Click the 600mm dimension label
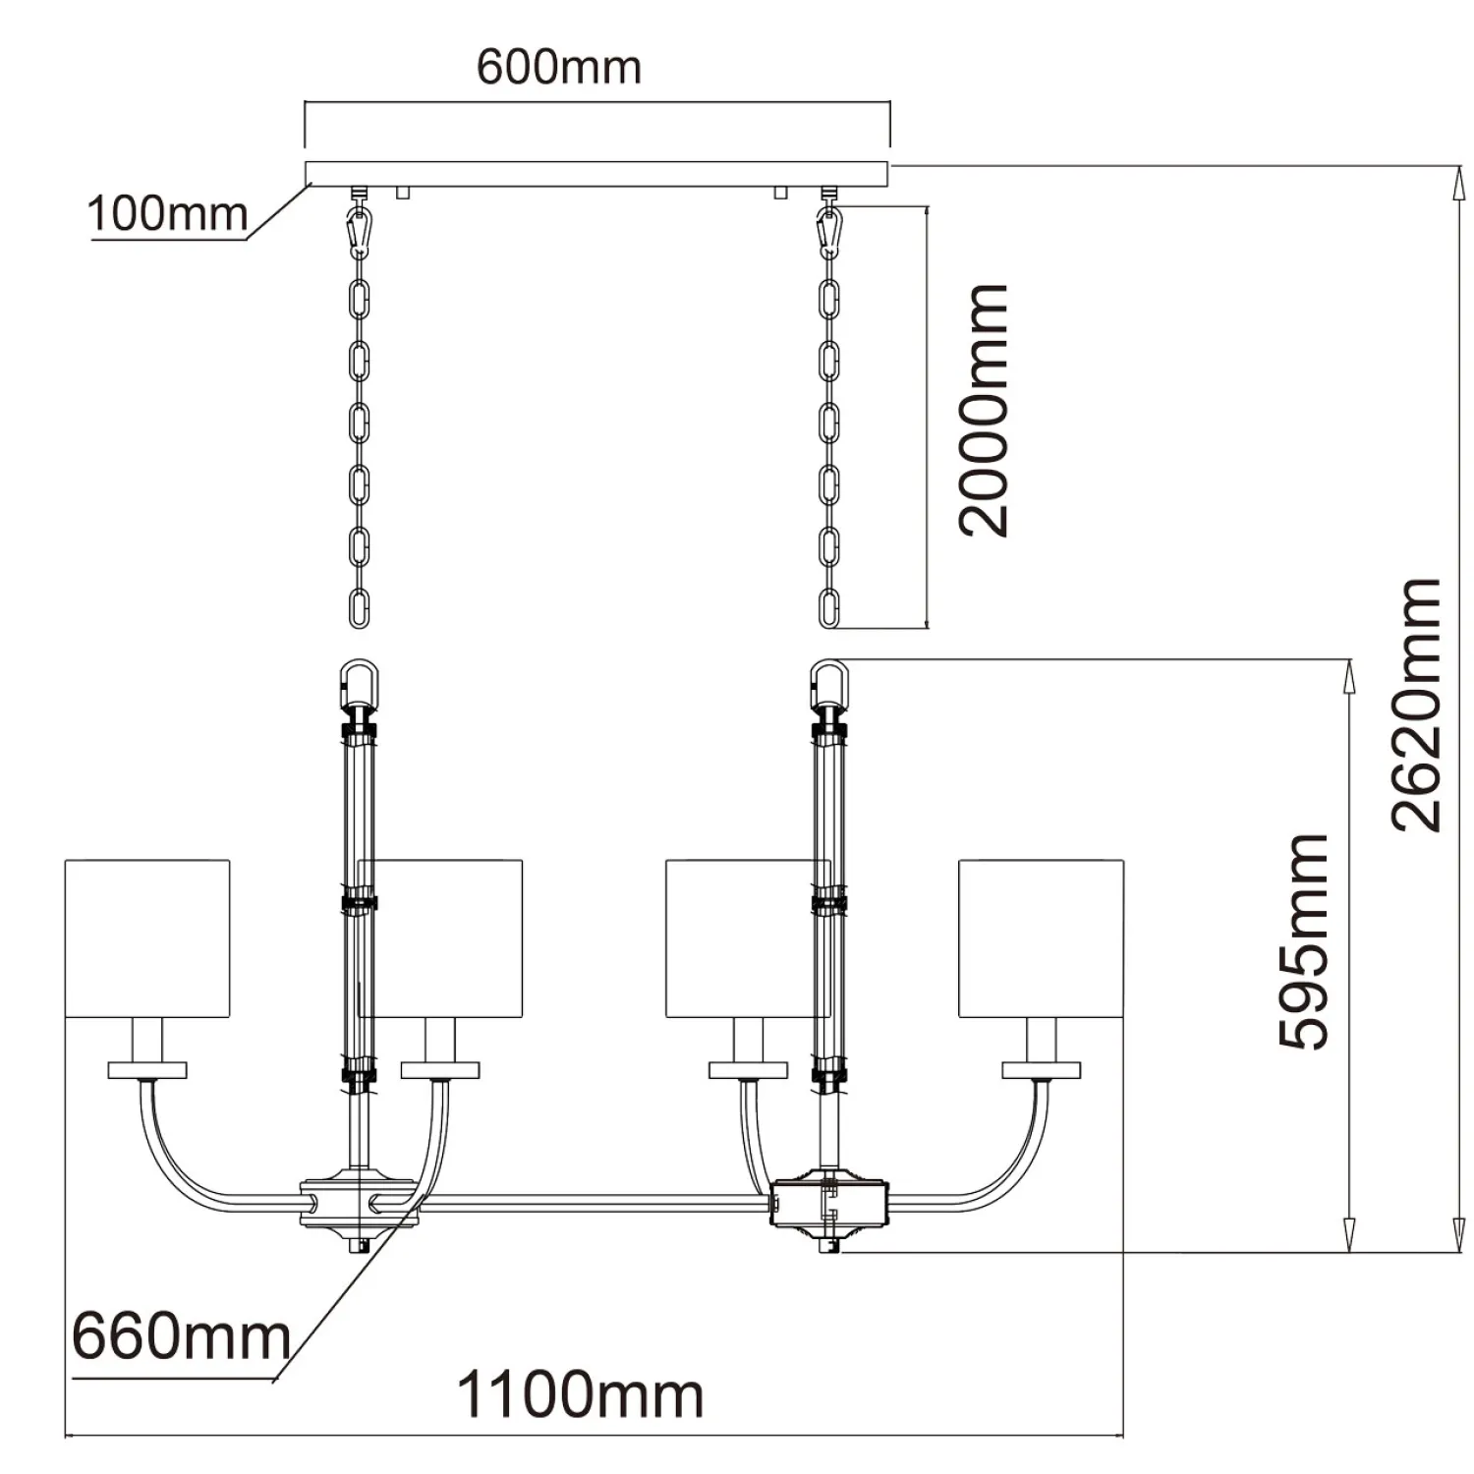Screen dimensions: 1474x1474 tap(558, 67)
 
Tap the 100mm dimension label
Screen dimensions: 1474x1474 tap(167, 213)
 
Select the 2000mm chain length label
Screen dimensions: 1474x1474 tap(984, 410)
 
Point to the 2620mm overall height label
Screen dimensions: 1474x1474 tap(1417, 705)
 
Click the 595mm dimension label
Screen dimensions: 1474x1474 tap(1304, 941)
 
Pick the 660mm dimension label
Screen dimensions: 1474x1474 tap(182, 1336)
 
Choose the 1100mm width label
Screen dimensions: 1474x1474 tap(580, 1394)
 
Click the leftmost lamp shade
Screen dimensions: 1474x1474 tap(147, 938)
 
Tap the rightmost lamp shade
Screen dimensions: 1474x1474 tap(1041, 938)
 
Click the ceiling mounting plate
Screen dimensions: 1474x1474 tap(596, 174)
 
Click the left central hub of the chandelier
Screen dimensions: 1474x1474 tap(360, 1201)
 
